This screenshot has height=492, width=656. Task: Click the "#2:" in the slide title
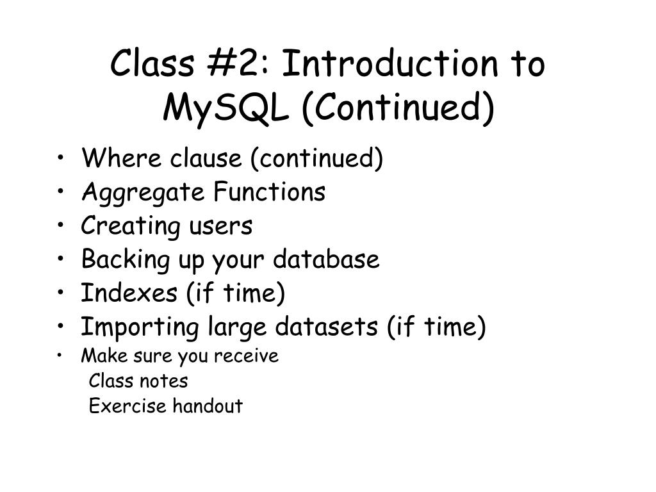click(x=238, y=63)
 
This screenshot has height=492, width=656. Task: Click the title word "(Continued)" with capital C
click(x=398, y=108)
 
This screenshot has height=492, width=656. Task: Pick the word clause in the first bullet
click(x=206, y=158)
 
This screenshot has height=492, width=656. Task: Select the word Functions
click(x=270, y=192)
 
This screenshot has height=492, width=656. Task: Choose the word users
click(x=221, y=226)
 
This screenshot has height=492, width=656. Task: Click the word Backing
click(x=125, y=260)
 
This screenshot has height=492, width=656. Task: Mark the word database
click(x=326, y=259)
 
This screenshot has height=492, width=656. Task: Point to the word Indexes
click(x=129, y=292)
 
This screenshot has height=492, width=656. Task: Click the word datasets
click(x=326, y=326)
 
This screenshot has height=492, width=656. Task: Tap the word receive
click(x=247, y=356)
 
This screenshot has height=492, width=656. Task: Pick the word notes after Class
click(x=163, y=381)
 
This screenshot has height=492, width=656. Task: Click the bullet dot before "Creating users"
click(x=61, y=225)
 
